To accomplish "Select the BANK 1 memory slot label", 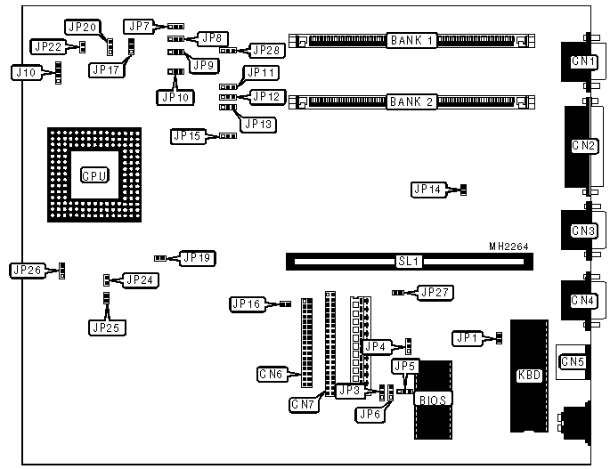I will pyautogui.click(x=411, y=41).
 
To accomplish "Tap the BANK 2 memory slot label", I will pyautogui.click(x=411, y=101).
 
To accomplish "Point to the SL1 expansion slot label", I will pyautogui.click(x=409, y=262).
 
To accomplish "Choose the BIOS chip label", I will pyautogui.click(x=433, y=399).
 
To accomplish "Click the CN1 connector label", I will pyautogui.click(x=583, y=61).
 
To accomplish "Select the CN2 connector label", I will pyautogui.click(x=583, y=145).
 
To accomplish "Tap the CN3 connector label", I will pyautogui.click(x=583, y=230).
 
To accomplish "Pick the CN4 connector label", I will pyautogui.click(x=583, y=300).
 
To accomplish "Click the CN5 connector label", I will pyautogui.click(x=571, y=361).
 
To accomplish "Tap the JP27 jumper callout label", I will pyautogui.click(x=436, y=292).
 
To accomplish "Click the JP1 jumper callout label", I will pyautogui.click(x=468, y=337).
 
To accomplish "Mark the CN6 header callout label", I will pyautogui.click(x=271, y=375).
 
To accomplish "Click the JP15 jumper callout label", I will pyautogui.click(x=187, y=136).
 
